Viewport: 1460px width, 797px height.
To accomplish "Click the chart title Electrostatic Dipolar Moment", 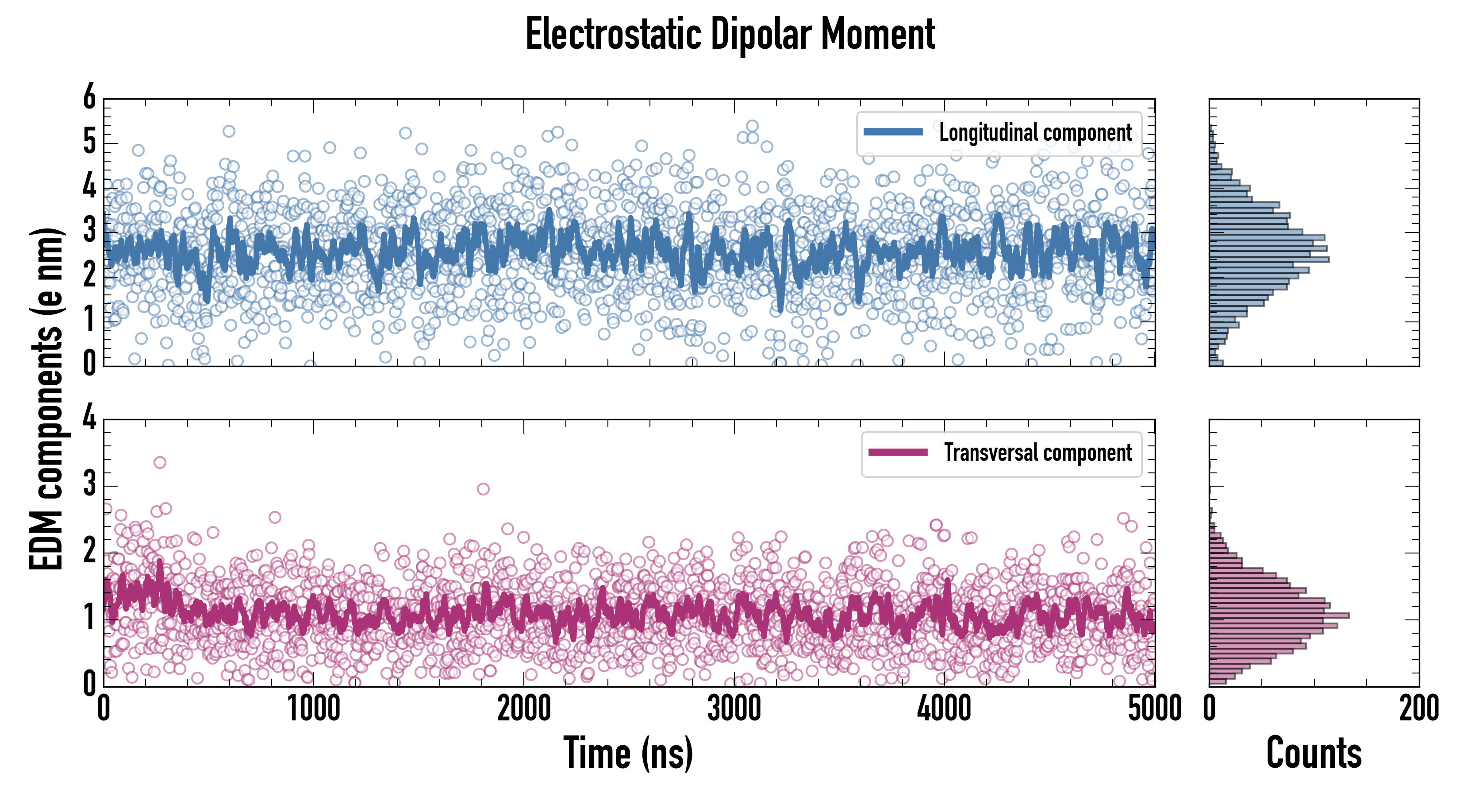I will [x=730, y=34].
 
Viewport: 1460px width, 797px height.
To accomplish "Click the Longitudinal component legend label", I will [x=1035, y=133].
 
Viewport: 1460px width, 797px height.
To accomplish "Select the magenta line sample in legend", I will [x=898, y=453].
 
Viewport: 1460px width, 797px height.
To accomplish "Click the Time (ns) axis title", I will [x=628, y=753].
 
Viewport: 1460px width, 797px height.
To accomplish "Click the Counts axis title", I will [x=1313, y=753].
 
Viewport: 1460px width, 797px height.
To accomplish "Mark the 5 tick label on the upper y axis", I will [x=89, y=142].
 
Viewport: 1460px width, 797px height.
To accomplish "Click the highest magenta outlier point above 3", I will [x=160, y=462].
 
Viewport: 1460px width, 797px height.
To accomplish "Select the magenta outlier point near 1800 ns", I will [x=483, y=489].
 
